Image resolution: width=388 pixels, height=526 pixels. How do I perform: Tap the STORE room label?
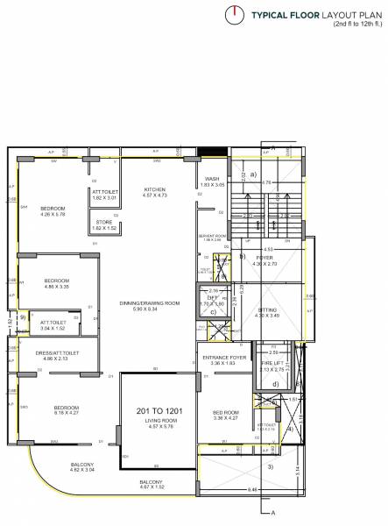pyautogui.click(x=104, y=222)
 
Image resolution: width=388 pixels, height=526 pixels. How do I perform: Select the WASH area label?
pyautogui.click(x=212, y=179)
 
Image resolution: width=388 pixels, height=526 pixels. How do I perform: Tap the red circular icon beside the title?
pyautogui.click(x=234, y=13)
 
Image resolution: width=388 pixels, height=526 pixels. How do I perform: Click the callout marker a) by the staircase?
pyautogui.click(x=253, y=174)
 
